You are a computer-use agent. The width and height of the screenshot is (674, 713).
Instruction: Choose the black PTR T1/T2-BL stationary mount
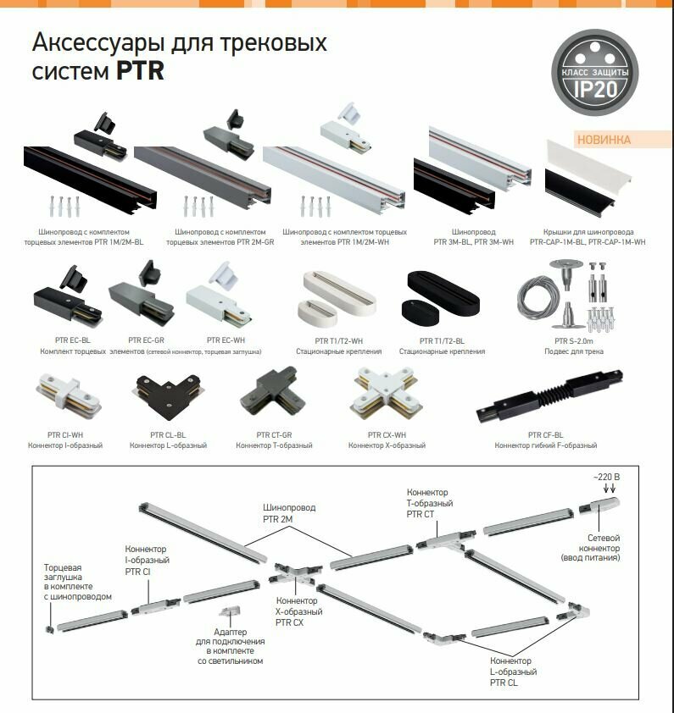coord(441,301)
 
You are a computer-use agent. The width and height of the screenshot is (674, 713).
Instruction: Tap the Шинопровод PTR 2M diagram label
coord(287,513)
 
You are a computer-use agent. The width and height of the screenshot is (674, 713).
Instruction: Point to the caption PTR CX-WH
coord(386,435)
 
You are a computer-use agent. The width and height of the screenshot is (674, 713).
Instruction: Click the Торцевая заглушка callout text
coord(77,581)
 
